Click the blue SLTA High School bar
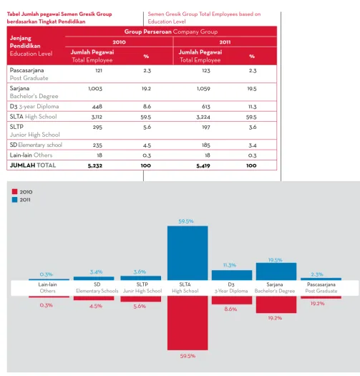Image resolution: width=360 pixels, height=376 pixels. [188, 253]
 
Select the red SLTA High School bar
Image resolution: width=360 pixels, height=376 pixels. [188, 323]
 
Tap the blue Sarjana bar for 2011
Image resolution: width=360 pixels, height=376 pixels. [276, 271]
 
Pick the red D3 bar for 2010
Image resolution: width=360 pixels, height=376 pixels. [232, 300]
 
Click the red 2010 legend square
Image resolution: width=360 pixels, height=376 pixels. [14, 192]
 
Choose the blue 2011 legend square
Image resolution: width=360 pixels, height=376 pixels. [14, 200]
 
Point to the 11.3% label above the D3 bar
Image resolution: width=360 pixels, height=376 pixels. [230, 265]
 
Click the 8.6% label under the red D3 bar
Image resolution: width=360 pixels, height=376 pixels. [230, 309]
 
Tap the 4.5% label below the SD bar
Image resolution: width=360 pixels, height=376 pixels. [96, 306]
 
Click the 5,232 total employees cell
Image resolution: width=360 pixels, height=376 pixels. [95, 165]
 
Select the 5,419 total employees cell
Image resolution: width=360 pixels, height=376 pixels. [203, 165]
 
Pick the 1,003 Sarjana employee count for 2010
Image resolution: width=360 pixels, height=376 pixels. [95, 89]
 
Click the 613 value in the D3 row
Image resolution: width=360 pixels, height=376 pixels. [206, 107]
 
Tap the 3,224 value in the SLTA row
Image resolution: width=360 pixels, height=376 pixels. [203, 117]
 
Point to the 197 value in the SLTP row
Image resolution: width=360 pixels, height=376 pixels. [206, 127]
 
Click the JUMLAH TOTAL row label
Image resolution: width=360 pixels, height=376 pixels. [33, 165]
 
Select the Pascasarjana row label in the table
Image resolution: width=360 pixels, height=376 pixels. [27, 70]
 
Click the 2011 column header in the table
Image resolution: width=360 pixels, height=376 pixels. [225, 42]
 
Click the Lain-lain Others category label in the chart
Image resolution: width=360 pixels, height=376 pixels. [47, 287]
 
